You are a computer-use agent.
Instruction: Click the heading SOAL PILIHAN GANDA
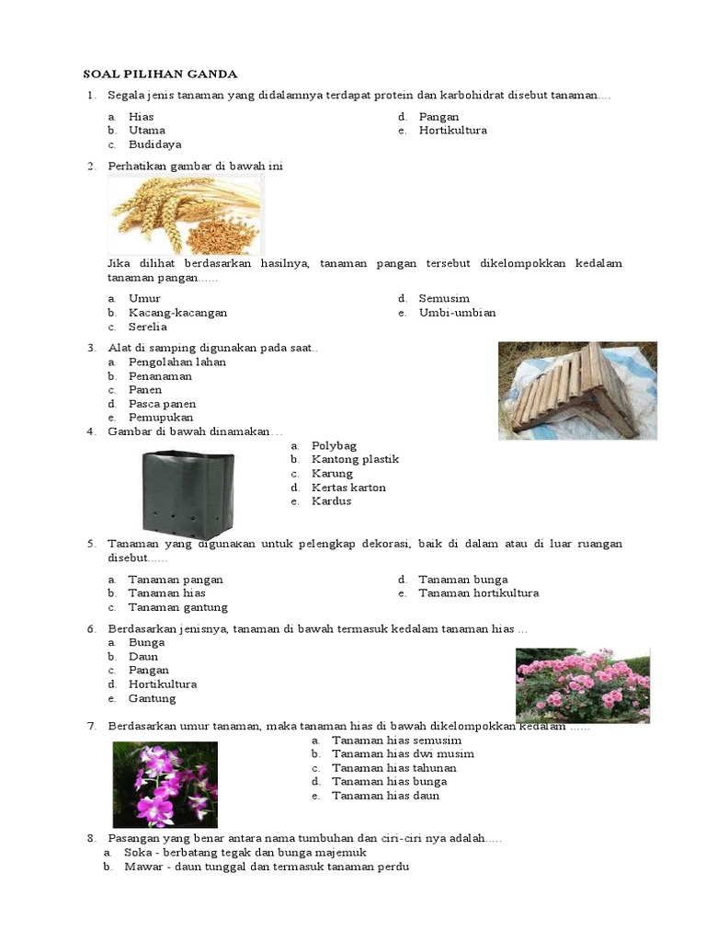tap(160, 74)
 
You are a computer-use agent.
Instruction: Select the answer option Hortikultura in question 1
tap(452, 131)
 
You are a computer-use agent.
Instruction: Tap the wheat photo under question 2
tap(186, 214)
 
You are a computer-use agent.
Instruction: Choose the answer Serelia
tap(148, 327)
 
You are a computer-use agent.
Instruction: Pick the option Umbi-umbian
tap(457, 313)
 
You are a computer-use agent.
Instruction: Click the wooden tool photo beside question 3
tap(577, 390)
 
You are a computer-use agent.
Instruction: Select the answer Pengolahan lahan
tap(177, 362)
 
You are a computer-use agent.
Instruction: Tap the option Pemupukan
tap(161, 418)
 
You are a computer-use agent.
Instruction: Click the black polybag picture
tap(187, 494)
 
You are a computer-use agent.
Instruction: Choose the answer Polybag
tap(334, 446)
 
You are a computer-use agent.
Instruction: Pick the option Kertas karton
tap(348, 488)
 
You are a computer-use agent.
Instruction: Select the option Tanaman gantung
tap(177, 607)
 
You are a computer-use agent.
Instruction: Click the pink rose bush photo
tap(582, 685)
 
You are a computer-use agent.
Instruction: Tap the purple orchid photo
tap(165, 785)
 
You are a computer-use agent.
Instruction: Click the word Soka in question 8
tap(137, 853)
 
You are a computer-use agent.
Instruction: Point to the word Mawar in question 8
tap(141, 867)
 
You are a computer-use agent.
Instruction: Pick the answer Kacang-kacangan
tap(177, 313)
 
